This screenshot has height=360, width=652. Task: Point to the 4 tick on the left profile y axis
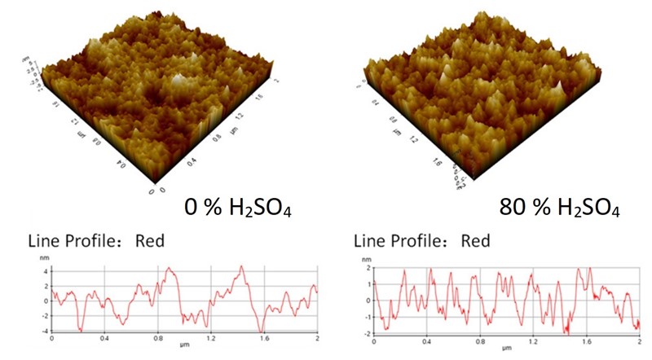tap(46, 270)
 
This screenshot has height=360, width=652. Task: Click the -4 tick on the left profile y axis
tap(45, 331)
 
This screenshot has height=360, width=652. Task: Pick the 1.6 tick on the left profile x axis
tap(264, 338)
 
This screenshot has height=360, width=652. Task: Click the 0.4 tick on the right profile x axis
tap(426, 338)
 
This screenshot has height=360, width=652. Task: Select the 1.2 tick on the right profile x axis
tap(532, 338)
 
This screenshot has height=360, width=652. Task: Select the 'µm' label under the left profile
tap(184, 346)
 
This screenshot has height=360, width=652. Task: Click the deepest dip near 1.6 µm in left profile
tap(262, 330)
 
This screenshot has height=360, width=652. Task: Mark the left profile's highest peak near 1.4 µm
tap(242, 266)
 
